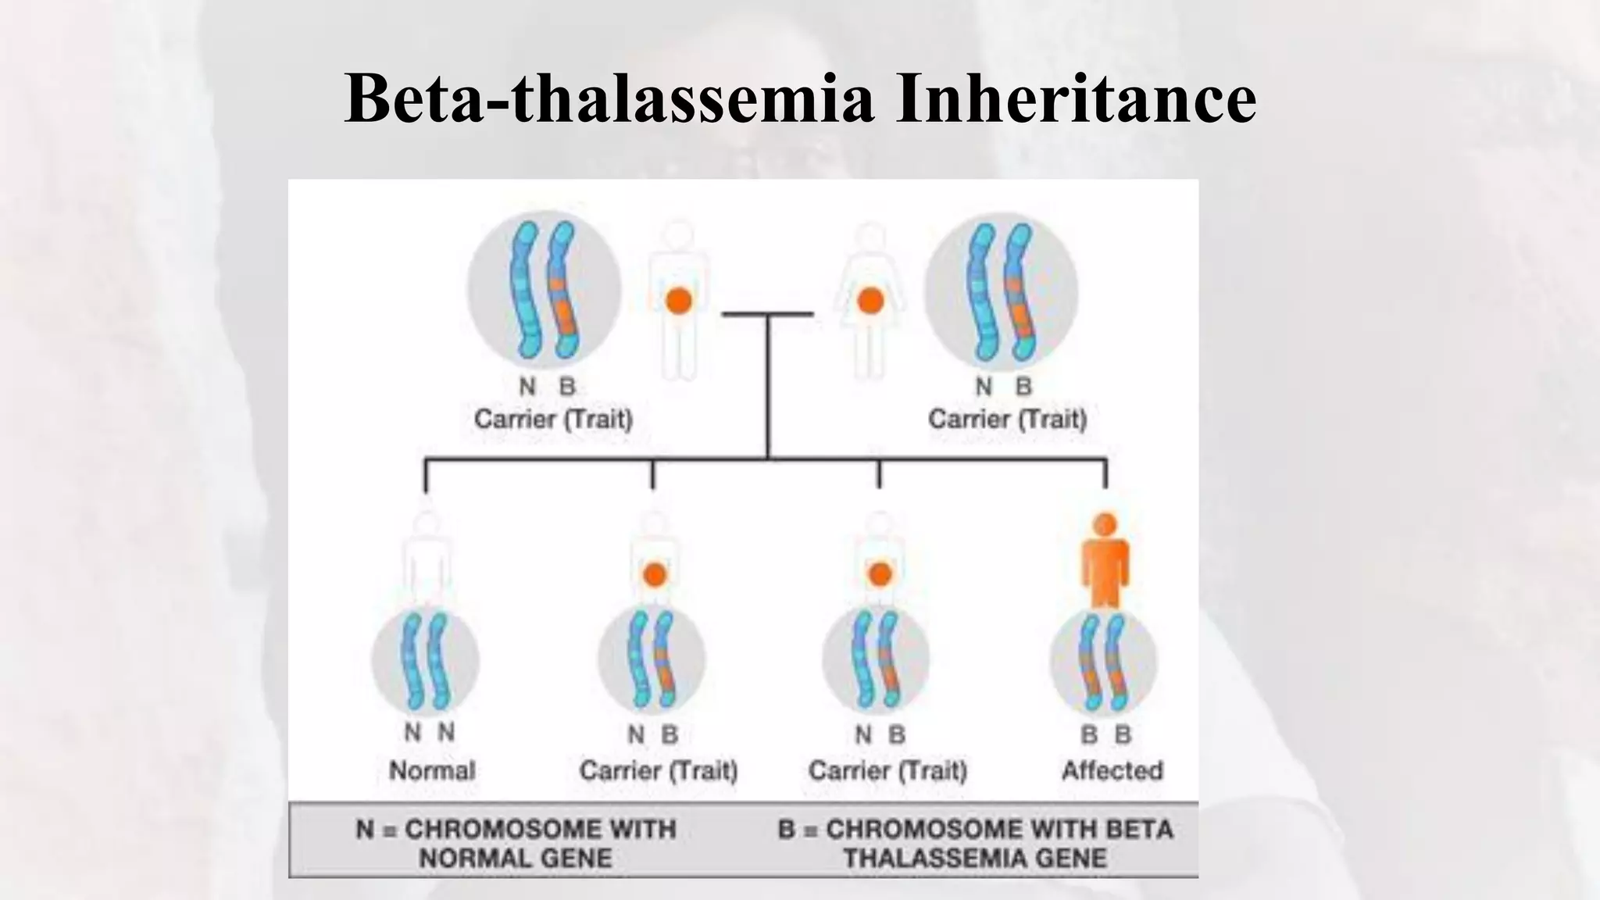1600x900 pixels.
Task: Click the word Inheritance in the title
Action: [1076, 98]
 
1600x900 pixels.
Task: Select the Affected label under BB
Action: [1112, 770]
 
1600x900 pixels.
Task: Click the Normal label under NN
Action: [432, 770]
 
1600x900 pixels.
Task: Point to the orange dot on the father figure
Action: [679, 301]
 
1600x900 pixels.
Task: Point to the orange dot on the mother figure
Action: [870, 301]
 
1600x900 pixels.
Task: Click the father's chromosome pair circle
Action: [545, 290]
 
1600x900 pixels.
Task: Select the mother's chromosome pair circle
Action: [1002, 290]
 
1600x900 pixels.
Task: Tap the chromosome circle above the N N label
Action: [425, 661]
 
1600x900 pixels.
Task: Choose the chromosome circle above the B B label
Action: [1103, 661]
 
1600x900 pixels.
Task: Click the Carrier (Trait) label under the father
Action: [553, 420]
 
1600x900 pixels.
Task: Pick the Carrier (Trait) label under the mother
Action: [1007, 420]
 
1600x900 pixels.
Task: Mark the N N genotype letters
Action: [429, 733]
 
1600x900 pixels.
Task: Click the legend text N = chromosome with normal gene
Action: [516, 843]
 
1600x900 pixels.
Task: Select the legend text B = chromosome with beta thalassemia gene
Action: [975, 843]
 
